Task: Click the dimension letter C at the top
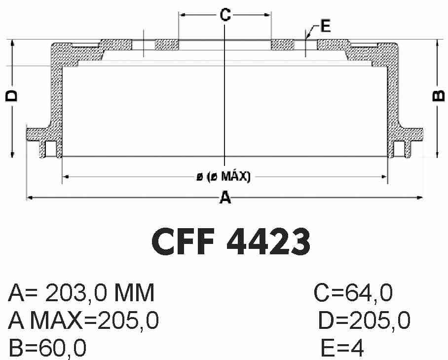pos(225,15)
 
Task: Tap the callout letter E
pos(326,26)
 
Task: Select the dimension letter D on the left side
pos(12,96)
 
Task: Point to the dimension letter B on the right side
pos(439,96)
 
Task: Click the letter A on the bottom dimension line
pos(225,198)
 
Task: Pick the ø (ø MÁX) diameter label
pos(224,177)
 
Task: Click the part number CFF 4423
pos(231,241)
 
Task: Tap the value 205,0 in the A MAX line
pos(128,320)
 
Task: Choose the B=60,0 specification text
pos(47,348)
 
